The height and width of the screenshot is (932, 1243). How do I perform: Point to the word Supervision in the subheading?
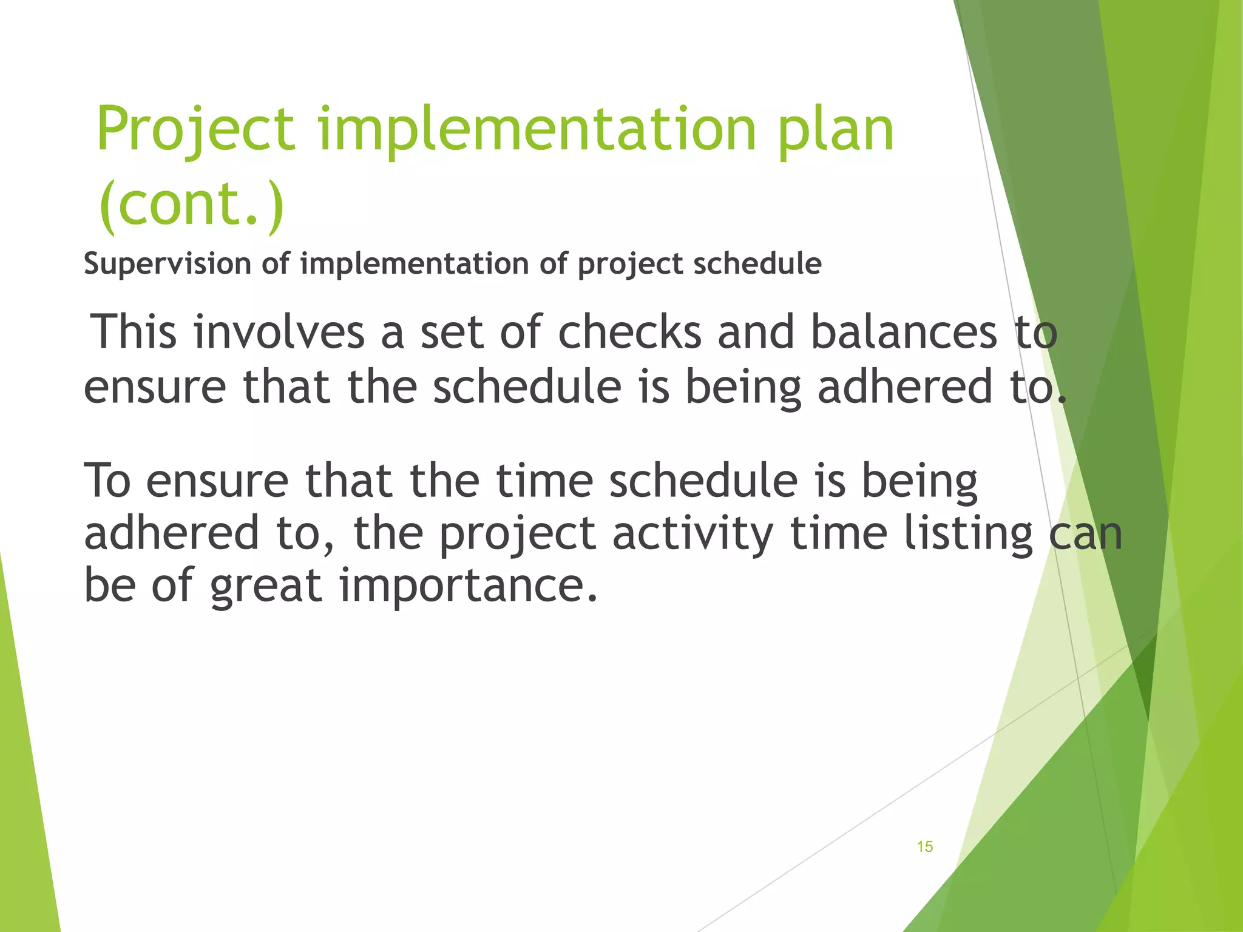[x=168, y=264]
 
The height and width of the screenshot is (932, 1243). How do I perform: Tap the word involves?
[x=279, y=333]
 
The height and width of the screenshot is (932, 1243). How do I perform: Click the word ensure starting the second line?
[x=154, y=387]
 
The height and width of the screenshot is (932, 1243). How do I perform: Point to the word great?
[x=266, y=586]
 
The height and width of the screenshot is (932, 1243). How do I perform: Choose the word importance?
[x=468, y=586]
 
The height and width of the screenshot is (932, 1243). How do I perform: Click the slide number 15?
[x=924, y=847]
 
